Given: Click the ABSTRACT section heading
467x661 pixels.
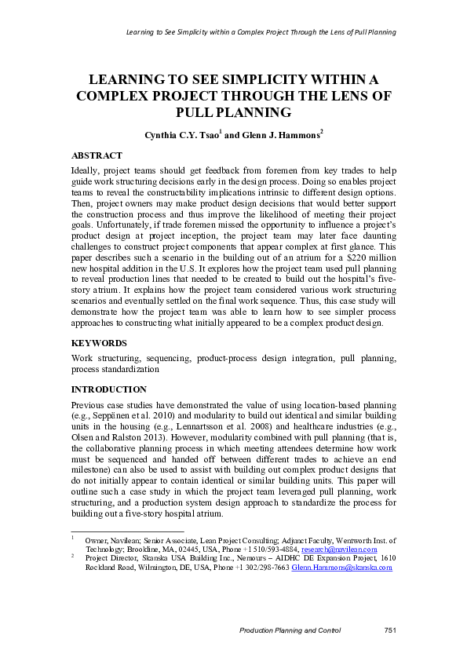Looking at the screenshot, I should (x=97, y=155).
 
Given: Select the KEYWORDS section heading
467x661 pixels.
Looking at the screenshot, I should (x=98, y=343).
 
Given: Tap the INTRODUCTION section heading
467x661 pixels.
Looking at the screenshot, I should (x=108, y=389).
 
